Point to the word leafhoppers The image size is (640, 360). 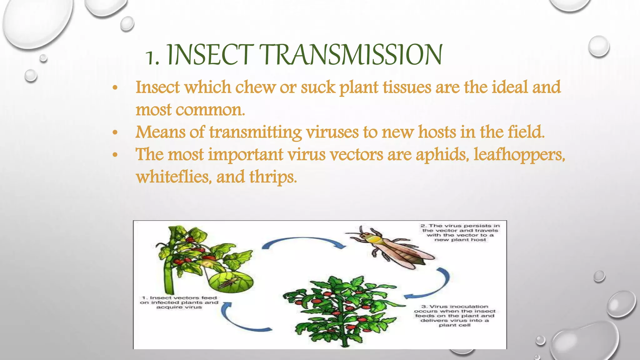519,154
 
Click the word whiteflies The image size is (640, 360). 173,177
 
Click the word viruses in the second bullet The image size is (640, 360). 332,132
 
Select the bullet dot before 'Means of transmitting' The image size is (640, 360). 115,132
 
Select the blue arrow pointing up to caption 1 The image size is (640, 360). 241,319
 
